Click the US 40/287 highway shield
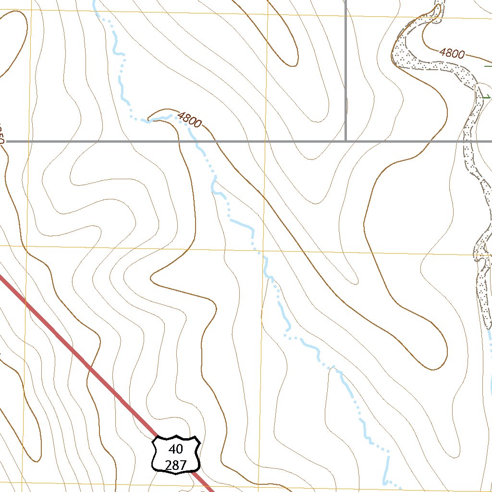[176, 454]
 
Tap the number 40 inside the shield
[176, 449]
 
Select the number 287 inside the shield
[176, 465]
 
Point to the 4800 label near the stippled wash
[452, 53]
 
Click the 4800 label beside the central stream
[189, 120]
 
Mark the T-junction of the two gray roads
[346, 141]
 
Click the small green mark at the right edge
[486, 97]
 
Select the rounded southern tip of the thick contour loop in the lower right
[434, 369]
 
